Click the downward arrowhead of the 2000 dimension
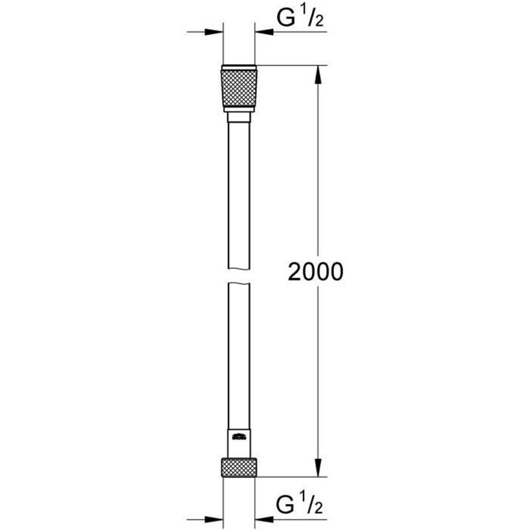coord(319,467)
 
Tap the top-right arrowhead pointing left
coord(264,31)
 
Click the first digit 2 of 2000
coord(295,272)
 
